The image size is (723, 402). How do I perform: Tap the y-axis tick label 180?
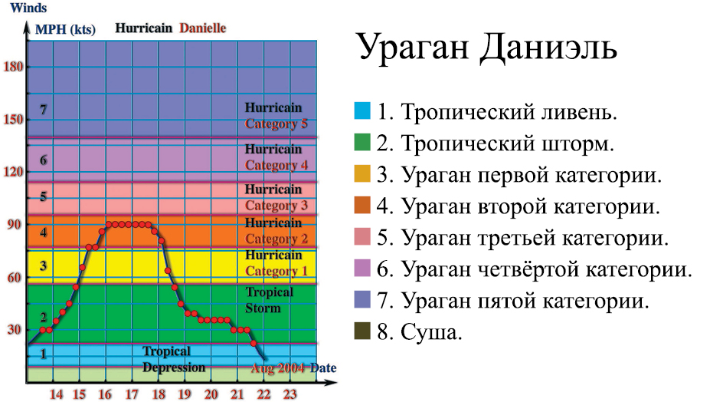pyautogui.click(x=13, y=67)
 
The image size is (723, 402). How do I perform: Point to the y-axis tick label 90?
pyautogui.click(x=14, y=225)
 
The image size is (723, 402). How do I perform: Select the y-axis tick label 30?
pyautogui.click(x=14, y=330)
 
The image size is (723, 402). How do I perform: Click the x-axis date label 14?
pyautogui.click(x=56, y=394)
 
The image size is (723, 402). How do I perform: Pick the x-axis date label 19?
pyautogui.click(x=185, y=394)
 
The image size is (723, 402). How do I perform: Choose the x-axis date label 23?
pyautogui.click(x=290, y=394)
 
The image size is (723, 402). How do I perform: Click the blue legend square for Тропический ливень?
pyautogui.click(x=362, y=111)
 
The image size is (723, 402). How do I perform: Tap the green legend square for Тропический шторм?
pyautogui.click(x=362, y=143)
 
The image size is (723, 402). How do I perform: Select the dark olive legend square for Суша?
pyautogui.click(x=362, y=331)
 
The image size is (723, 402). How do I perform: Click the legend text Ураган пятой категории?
pyautogui.click(x=525, y=301)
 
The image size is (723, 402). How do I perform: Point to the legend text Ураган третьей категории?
pyautogui.click(x=535, y=239)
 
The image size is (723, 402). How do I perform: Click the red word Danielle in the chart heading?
pyautogui.click(x=203, y=28)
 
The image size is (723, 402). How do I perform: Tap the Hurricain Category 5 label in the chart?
pyautogui.click(x=276, y=116)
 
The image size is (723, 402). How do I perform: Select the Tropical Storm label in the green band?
pyautogui.click(x=270, y=300)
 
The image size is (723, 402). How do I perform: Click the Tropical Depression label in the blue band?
pyautogui.click(x=173, y=359)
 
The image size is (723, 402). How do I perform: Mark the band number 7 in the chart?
pyautogui.click(x=44, y=110)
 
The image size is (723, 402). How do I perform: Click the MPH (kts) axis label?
pyautogui.click(x=65, y=30)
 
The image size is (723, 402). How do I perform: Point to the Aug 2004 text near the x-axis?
pyautogui.click(x=277, y=368)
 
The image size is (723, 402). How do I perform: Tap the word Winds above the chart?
pyautogui.click(x=28, y=8)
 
